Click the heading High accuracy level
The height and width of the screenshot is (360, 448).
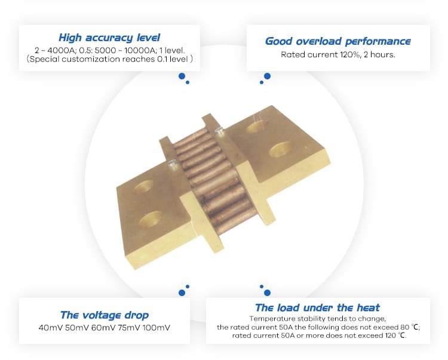coord(109,38)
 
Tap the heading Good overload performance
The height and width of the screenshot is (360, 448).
coord(338,41)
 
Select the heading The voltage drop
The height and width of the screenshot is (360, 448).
coord(105,315)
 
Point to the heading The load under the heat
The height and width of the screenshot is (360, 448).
coord(317,307)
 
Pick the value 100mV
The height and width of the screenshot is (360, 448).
coord(157,327)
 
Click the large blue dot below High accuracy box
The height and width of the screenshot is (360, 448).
coord(182,76)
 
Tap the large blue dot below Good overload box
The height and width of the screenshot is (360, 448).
coord(268,76)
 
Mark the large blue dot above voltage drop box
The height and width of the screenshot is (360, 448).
coord(182,293)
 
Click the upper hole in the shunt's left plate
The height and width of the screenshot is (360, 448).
coord(144,187)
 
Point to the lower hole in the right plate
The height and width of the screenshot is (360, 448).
coord(280,150)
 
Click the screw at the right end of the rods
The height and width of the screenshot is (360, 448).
coord(219,131)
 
